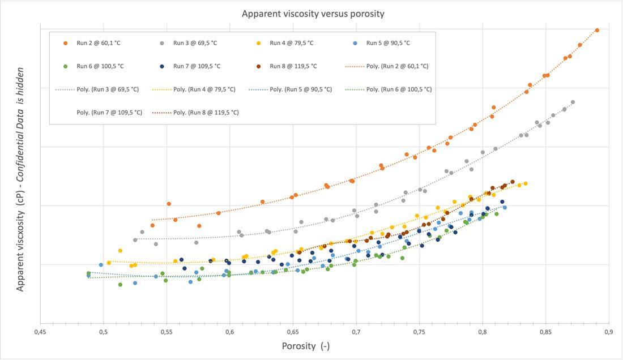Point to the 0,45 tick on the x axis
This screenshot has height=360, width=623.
point(40,332)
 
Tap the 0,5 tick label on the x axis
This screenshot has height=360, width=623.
point(103,332)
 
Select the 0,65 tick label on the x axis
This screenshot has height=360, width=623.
point(293,332)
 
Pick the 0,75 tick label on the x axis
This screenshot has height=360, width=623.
point(419,332)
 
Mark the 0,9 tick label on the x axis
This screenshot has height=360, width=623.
point(609,332)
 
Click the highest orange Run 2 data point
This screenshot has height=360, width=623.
point(597,30)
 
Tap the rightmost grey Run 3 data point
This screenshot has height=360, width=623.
point(573,102)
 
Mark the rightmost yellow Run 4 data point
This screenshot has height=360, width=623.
point(526,183)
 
